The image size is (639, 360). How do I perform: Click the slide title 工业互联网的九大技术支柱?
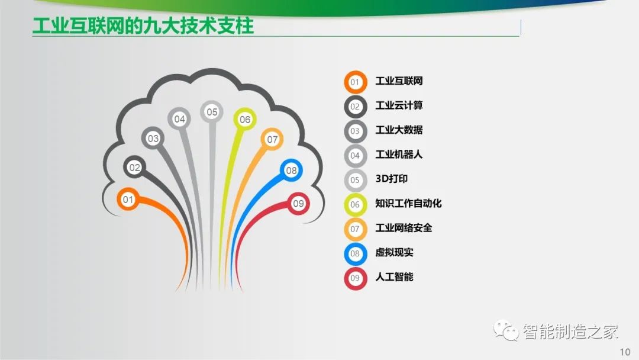coord(143,25)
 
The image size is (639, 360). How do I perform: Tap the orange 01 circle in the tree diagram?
coord(128,200)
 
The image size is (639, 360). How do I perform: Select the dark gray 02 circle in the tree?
coord(134,167)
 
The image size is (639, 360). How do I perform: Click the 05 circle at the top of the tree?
coord(211,112)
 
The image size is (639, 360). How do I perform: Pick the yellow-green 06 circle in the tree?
coord(245,119)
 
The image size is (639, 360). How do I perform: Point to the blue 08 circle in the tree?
coord(291,171)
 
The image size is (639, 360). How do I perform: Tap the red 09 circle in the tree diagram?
coord(298,204)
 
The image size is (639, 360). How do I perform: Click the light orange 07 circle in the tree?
coord(272,139)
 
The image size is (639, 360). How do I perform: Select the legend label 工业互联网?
coord(399,81)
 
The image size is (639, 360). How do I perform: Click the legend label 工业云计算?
coord(399,105)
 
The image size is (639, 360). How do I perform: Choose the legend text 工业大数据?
coord(399,130)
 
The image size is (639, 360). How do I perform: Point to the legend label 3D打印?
coord(392,179)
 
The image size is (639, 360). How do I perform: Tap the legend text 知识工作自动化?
coord(408,204)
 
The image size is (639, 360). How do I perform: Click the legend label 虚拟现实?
coord(394,252)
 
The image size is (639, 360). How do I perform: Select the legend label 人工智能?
coord(394,277)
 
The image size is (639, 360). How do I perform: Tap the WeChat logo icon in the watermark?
coord(506,330)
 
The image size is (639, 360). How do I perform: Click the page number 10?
coord(625,352)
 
